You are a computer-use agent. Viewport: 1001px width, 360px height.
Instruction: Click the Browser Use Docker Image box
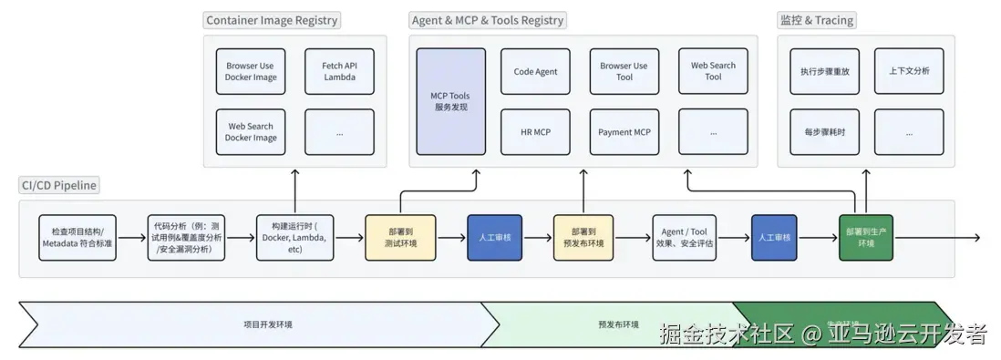[251, 71]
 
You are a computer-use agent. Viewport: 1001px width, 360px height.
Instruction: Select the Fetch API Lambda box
[339, 71]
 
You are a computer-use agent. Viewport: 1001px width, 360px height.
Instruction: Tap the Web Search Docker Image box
[251, 132]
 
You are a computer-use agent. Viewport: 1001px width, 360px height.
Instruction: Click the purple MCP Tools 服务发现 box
[450, 101]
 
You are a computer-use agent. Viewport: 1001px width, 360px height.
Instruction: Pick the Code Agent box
[535, 71]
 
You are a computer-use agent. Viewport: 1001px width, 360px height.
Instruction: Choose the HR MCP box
[535, 132]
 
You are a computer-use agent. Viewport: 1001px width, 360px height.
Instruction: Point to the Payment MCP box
[624, 132]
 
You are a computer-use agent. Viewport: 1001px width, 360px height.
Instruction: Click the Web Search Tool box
[713, 71]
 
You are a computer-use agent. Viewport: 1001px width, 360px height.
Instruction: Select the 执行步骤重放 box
[818, 71]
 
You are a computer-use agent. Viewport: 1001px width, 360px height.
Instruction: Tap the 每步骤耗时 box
[818, 132]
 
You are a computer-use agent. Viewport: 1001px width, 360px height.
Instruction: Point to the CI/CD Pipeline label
[58, 186]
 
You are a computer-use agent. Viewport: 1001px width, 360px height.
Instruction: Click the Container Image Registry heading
[272, 20]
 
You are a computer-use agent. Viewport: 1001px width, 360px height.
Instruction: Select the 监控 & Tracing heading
[817, 20]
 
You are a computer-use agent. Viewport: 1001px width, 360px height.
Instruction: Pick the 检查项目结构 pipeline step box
[77, 238]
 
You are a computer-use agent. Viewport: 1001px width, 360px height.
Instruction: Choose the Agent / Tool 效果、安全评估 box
[684, 238]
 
